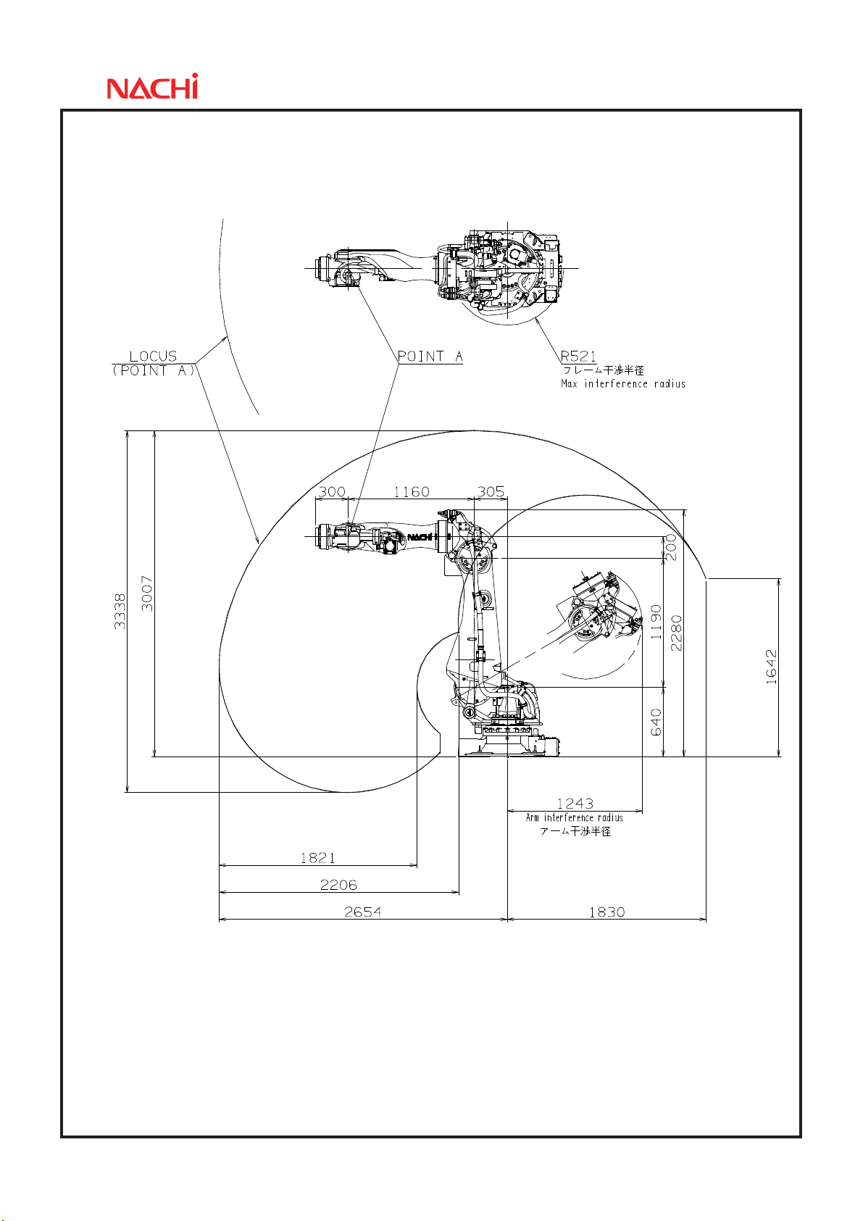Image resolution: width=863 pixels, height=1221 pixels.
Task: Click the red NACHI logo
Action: (x=152, y=87)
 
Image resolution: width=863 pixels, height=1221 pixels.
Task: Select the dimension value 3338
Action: (x=120, y=611)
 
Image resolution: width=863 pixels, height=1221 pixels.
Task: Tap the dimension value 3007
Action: (x=147, y=593)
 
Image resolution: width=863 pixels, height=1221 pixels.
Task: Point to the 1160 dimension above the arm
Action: (x=412, y=492)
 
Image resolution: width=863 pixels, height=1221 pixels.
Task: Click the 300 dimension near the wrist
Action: (x=332, y=492)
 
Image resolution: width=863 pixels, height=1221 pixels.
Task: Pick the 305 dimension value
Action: (x=491, y=492)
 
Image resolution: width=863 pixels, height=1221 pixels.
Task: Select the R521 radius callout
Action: (x=578, y=357)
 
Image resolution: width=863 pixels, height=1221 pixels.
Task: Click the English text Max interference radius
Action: (x=623, y=384)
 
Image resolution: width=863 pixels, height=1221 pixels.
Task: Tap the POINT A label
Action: (x=430, y=357)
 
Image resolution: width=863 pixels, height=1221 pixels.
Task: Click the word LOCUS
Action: (x=153, y=357)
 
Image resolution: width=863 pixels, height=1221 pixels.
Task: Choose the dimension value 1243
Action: (x=575, y=804)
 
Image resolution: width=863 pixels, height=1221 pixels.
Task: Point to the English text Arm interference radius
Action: (x=575, y=817)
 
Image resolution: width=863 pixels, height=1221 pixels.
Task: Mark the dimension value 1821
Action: (x=318, y=858)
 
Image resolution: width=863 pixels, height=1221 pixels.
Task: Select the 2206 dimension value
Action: (x=338, y=885)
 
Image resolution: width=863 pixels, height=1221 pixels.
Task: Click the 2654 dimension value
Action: (x=363, y=912)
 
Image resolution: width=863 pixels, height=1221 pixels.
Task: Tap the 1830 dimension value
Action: (x=606, y=912)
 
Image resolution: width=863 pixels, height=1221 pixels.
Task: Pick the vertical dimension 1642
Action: (x=771, y=667)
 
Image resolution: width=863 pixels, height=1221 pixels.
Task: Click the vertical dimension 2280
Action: (x=676, y=633)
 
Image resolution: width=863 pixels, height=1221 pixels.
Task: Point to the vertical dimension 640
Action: (x=656, y=722)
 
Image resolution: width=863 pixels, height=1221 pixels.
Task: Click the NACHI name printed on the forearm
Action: (x=420, y=537)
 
